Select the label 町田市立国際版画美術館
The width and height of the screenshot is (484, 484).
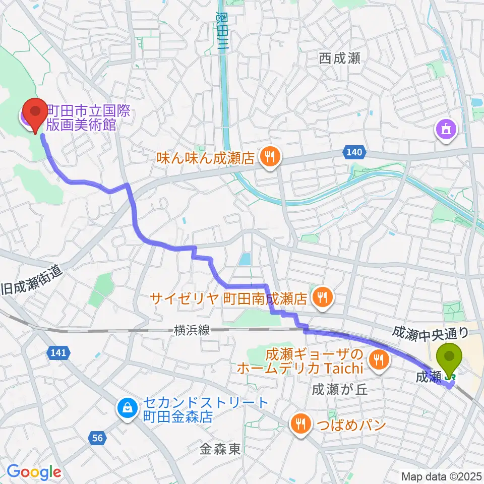88,118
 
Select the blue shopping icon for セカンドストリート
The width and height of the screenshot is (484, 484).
126,409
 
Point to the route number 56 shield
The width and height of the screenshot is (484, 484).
98,439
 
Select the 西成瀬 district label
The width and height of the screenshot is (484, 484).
339,58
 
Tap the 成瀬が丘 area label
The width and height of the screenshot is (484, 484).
334,389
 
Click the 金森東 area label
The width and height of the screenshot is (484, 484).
220,449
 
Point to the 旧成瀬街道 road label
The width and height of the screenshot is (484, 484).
33,282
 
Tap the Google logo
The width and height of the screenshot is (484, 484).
34,472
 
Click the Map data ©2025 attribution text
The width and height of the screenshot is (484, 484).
441,476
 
